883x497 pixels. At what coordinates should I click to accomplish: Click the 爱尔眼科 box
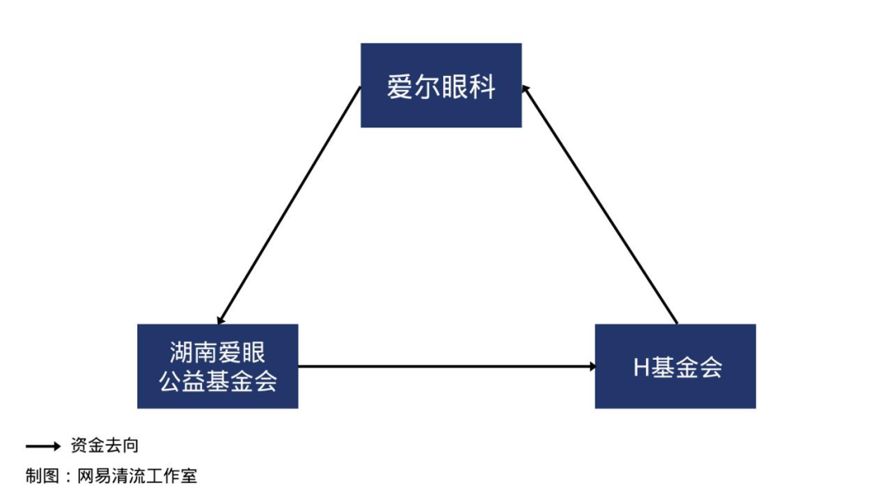[x=441, y=86]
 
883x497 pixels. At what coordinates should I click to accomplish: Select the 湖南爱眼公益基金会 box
[x=218, y=366]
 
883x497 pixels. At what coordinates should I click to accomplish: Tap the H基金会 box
[x=675, y=366]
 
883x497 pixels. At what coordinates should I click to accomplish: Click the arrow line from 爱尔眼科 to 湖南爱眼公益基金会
[x=289, y=205]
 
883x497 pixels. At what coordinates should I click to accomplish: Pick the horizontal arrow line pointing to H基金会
[x=446, y=366]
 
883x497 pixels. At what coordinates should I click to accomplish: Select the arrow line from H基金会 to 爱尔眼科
[x=599, y=204]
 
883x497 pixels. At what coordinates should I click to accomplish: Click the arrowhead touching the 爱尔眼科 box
[x=526, y=89]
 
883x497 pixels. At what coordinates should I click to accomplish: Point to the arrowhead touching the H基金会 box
[x=593, y=366]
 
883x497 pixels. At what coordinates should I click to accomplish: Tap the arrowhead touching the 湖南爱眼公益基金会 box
[x=220, y=320]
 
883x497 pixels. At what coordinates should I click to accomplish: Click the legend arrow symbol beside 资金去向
[x=43, y=446]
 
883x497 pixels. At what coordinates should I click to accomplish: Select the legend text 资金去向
[x=105, y=446]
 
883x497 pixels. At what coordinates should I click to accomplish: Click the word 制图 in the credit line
[x=43, y=477]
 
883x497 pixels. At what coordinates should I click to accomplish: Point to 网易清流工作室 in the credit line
[x=137, y=477]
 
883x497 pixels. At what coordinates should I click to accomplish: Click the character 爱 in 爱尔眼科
[x=400, y=87]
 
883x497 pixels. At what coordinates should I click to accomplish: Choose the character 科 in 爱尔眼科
[x=482, y=87]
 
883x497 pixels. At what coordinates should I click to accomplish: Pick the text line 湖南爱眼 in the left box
[x=217, y=353]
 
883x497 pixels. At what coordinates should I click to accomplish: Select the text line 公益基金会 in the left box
[x=218, y=381]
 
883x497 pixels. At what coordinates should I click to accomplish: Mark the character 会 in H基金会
[x=710, y=368]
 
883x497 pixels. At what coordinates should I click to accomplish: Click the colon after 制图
[x=68, y=477]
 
